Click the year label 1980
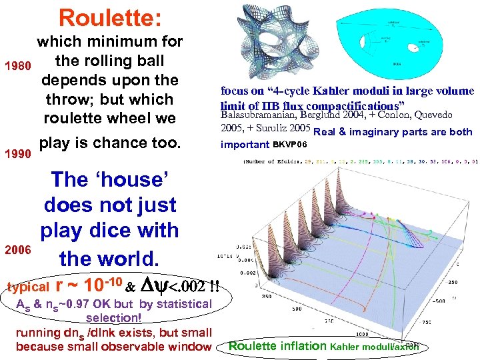click(17, 67)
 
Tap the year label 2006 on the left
click(17, 250)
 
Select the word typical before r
click(28, 287)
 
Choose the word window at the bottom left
click(191, 346)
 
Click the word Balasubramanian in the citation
click(263, 115)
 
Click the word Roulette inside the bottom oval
click(252, 346)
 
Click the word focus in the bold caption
click(235, 91)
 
